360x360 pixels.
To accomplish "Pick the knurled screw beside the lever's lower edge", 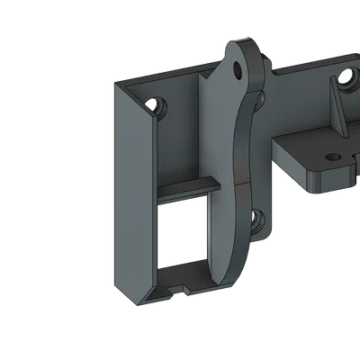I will [256, 217].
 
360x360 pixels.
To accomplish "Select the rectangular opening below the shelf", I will [184, 229].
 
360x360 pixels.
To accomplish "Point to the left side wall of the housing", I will [130, 189].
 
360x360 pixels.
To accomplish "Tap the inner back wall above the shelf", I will [184, 135].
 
